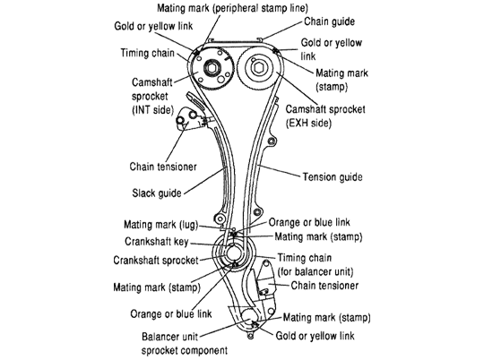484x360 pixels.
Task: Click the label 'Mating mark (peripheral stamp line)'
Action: point(232,8)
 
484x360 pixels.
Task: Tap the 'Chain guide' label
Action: point(329,21)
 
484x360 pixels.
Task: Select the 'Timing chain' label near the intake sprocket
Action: point(148,53)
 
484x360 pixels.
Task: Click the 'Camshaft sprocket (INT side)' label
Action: point(152,96)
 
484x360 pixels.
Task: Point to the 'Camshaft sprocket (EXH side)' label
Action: point(325,116)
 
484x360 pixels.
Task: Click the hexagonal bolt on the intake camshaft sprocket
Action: point(212,67)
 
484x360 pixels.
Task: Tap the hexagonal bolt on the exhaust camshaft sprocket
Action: point(257,68)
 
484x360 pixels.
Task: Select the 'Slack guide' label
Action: point(157,193)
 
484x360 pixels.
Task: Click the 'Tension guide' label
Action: point(333,177)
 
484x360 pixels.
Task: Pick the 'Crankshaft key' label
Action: point(157,242)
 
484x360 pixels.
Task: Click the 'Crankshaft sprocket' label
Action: point(156,260)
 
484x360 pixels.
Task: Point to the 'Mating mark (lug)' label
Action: point(160,224)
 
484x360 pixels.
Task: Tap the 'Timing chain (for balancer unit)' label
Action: point(315,265)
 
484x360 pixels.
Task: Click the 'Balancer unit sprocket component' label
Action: point(185,343)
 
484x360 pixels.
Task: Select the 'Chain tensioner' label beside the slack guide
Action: point(163,167)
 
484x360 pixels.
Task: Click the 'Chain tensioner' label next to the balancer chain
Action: point(324,286)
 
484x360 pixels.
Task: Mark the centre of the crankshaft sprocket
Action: point(234,255)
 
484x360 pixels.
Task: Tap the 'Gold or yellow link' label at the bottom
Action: point(315,336)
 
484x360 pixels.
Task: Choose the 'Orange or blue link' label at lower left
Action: point(171,314)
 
